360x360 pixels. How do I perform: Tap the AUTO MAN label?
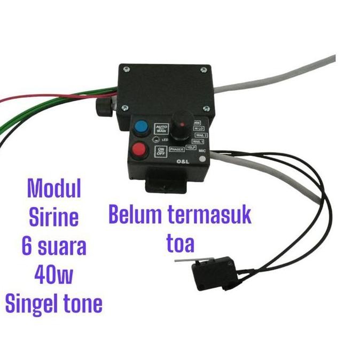click(x=161, y=129)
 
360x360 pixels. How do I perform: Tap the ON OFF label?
click(x=160, y=151)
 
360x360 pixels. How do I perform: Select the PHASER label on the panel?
click(x=176, y=150)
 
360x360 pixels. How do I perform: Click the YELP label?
click(x=191, y=148)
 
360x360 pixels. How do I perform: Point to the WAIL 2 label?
click(x=201, y=135)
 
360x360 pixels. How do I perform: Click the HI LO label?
click(x=199, y=129)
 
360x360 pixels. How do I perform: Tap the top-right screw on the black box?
click(x=203, y=68)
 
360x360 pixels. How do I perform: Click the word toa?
click(x=179, y=244)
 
